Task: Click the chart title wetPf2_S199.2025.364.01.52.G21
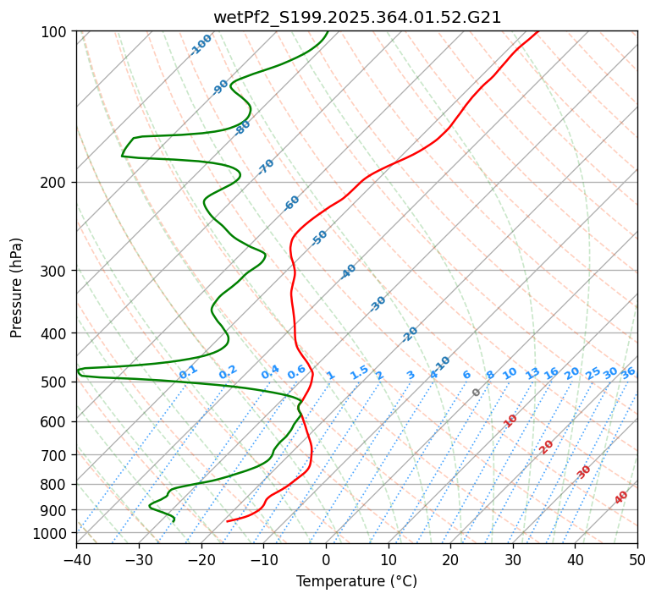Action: coord(356,17)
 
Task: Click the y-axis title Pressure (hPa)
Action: coord(17,287)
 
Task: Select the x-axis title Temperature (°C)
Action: coord(356,582)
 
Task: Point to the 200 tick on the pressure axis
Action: coord(54,183)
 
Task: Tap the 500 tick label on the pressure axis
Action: coord(54,382)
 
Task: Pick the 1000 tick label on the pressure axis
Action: coord(51,533)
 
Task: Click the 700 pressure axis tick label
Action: coord(54,455)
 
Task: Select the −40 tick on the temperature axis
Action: coord(76,560)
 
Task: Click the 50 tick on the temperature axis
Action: coord(637,560)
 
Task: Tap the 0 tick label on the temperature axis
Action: coord(326,560)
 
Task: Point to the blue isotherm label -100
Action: coord(201,45)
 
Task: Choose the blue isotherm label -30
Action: coord(378,304)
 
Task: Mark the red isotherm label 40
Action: coord(621,497)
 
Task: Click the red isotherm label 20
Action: coord(547,447)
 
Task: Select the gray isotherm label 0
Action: coord(477,393)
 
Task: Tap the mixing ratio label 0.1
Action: coord(188,371)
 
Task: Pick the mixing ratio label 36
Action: coord(628,373)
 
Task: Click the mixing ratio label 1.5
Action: coord(359,371)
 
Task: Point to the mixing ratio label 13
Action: coord(532,373)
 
